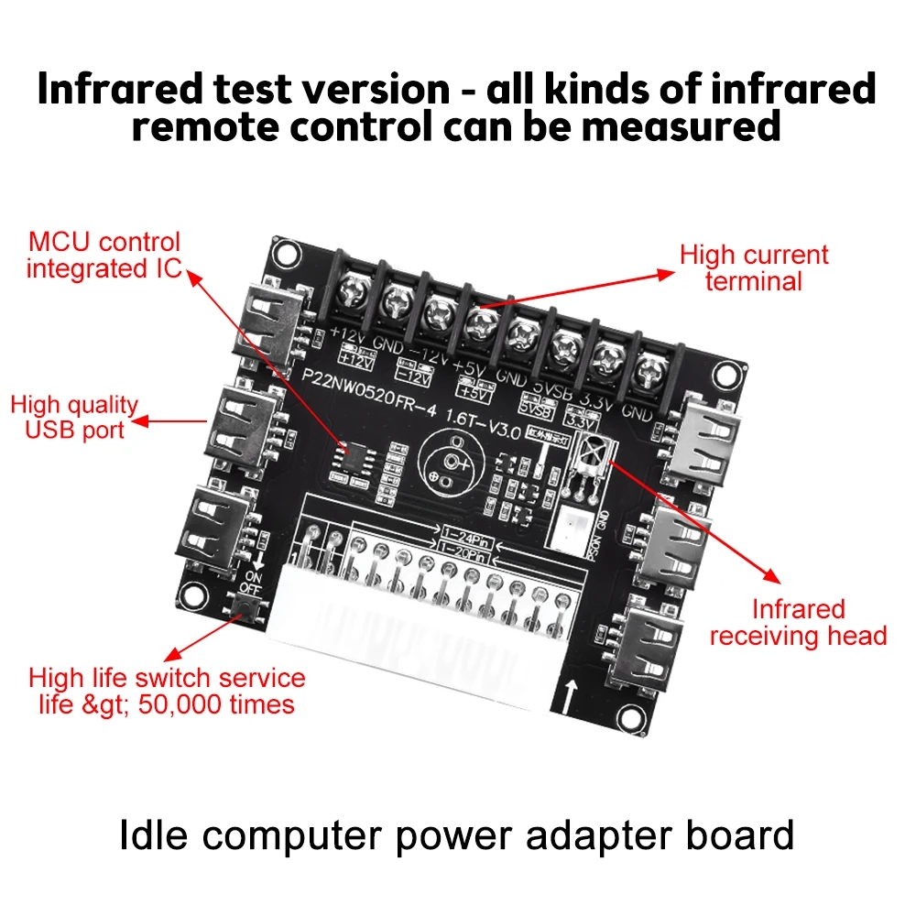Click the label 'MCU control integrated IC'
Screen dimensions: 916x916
coord(104,256)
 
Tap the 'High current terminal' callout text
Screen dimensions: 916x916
coord(753,267)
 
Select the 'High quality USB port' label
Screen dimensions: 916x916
coord(74,417)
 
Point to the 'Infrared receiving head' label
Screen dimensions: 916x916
coord(798,622)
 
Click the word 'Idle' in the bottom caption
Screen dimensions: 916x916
coord(154,835)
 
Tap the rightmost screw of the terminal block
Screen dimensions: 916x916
coord(649,372)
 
